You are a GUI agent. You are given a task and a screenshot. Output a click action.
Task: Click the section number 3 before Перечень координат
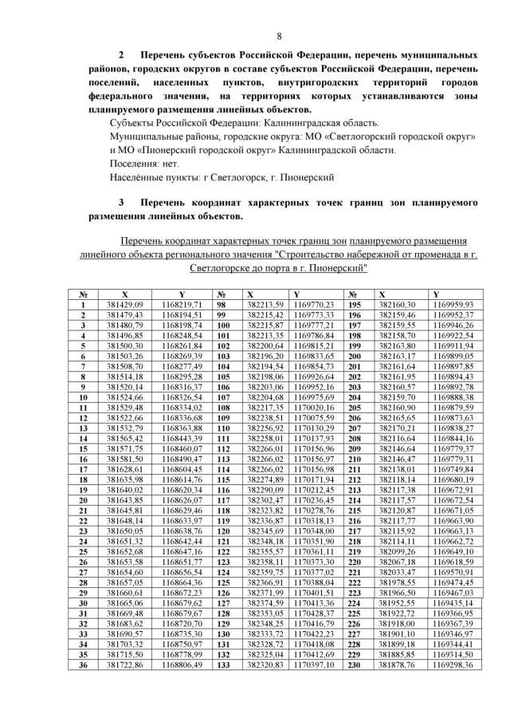pos(121,203)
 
